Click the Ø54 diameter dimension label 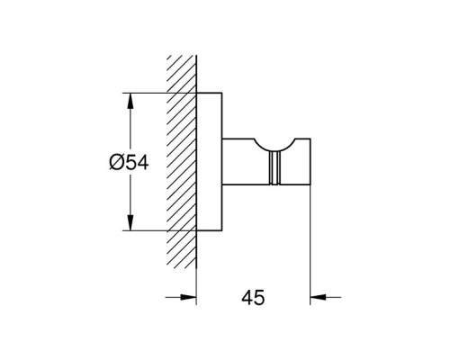point(129,164)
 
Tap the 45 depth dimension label point(253,298)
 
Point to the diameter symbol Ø point(116,164)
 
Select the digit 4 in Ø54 point(142,164)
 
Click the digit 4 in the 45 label point(247,298)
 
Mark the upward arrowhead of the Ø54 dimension point(130,101)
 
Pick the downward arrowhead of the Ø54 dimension point(130,223)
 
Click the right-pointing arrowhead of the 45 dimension point(188,297)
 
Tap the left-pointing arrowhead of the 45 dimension point(318,297)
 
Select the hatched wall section point(182,162)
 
